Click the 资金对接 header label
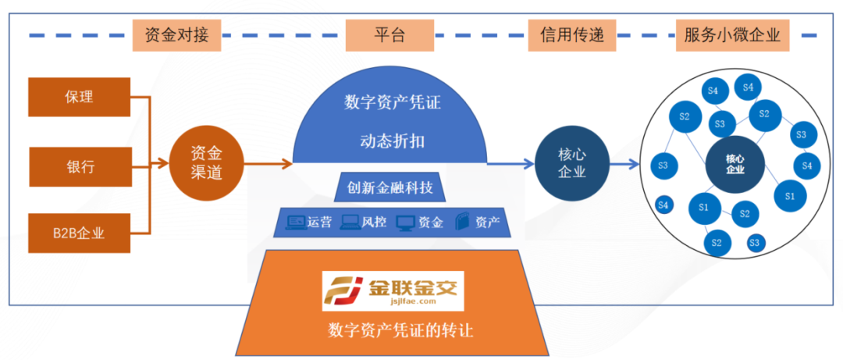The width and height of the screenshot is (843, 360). pos(177,34)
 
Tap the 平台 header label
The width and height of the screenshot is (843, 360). pos(389,34)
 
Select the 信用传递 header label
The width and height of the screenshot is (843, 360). pos(572,34)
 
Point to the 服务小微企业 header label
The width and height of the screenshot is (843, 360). pos(731,34)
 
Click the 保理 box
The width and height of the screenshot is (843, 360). pos(79,98)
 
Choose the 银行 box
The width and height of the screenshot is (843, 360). pos(79,166)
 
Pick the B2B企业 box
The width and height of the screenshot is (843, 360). pos(79,233)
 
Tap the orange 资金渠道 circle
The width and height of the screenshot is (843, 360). pos(207,164)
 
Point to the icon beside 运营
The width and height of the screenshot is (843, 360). pos(296,223)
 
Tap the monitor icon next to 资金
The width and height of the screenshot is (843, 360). pos(404,223)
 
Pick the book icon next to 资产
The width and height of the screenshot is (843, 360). pos(463,223)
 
